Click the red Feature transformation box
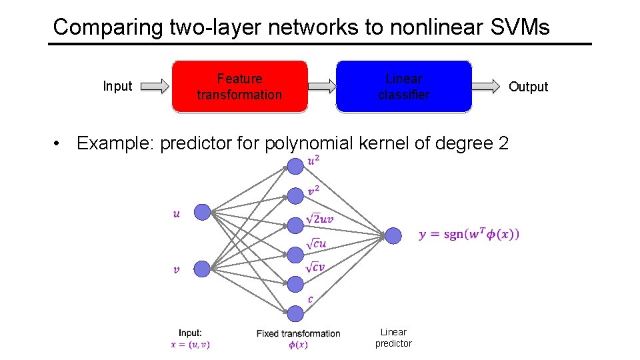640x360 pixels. click(x=239, y=87)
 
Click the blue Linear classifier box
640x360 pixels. click(x=403, y=87)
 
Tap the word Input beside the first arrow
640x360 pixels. click(x=117, y=86)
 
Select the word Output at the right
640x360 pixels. click(x=528, y=87)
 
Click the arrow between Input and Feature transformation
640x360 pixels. click(x=155, y=86)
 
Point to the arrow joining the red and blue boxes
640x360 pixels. click(x=322, y=86)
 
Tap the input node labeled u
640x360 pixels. click(x=202, y=213)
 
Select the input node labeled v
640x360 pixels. click(x=202, y=269)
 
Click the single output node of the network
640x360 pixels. click(x=393, y=235)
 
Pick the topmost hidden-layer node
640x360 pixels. click(x=295, y=166)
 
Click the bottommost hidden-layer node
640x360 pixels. click(x=295, y=313)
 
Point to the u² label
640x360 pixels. click(x=313, y=161)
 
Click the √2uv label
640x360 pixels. click(x=319, y=218)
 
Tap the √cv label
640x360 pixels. click(x=316, y=267)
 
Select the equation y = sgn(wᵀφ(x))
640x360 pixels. click(x=469, y=235)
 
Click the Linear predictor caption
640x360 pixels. click(x=393, y=337)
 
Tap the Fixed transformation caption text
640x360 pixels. click(x=298, y=333)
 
